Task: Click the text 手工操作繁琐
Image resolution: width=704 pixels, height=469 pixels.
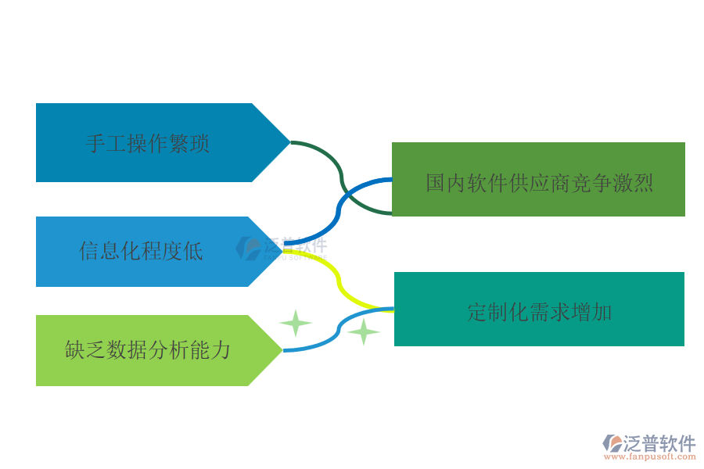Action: [x=147, y=144]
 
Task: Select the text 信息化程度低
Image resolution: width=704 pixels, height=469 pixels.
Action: [x=141, y=251]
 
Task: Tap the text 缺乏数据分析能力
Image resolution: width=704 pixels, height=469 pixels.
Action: [x=147, y=349]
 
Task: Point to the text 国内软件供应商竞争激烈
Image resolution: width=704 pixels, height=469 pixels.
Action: [x=539, y=183]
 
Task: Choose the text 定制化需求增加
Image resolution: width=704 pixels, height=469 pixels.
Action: [x=539, y=313]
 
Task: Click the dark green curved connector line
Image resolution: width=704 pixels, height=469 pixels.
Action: [x=341, y=179]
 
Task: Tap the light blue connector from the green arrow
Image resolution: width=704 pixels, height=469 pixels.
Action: [x=336, y=332]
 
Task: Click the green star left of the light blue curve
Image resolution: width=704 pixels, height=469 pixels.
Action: [x=296, y=323]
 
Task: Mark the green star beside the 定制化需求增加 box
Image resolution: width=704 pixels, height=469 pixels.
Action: [x=364, y=332]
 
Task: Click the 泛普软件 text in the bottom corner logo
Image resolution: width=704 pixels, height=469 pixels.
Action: [x=659, y=444]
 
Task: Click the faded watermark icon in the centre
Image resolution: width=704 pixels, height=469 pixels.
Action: [x=249, y=249]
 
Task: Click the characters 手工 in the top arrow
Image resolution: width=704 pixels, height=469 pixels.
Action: [x=95, y=144]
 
